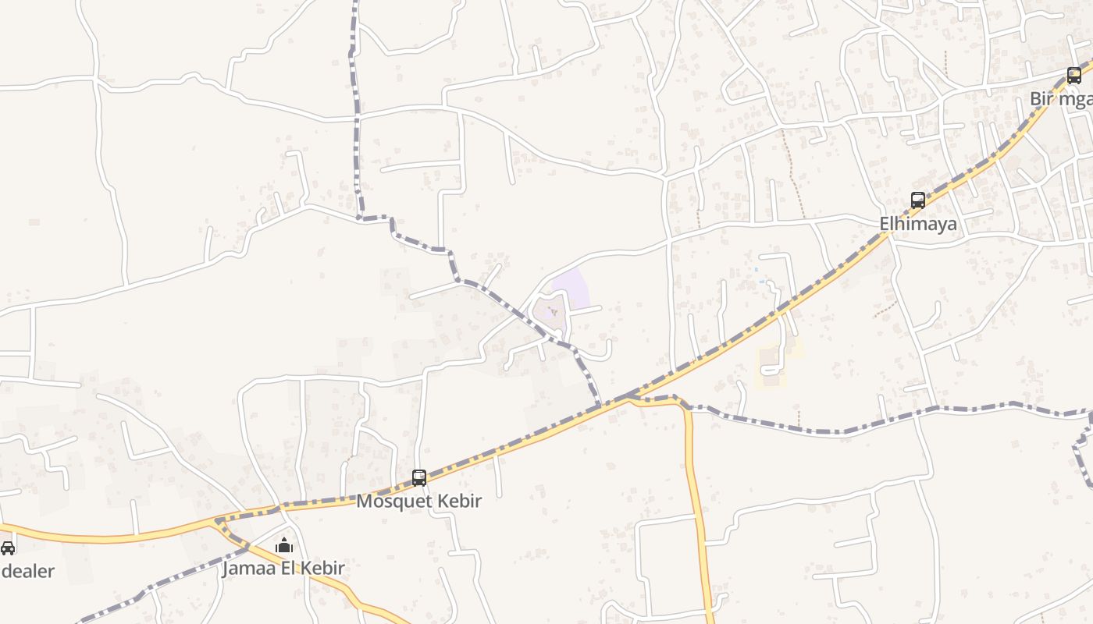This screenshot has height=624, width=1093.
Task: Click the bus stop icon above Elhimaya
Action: pos(918,200)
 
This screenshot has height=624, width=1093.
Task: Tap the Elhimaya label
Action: pos(918,224)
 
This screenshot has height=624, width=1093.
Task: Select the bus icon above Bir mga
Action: pos(1074,76)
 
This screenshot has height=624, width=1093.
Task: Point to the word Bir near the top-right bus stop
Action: pos(1042,99)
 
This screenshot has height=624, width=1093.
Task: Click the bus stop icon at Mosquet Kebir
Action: pos(419,477)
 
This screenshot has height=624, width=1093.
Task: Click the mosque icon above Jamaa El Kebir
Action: pos(285,544)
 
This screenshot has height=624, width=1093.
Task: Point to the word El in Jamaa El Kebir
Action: pos(287,568)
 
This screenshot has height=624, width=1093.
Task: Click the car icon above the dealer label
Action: pos(8,548)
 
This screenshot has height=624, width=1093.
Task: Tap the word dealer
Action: pos(28,571)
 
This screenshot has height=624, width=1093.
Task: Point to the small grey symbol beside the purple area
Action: pos(554,312)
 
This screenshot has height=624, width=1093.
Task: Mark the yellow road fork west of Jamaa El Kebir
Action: pos(216,520)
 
